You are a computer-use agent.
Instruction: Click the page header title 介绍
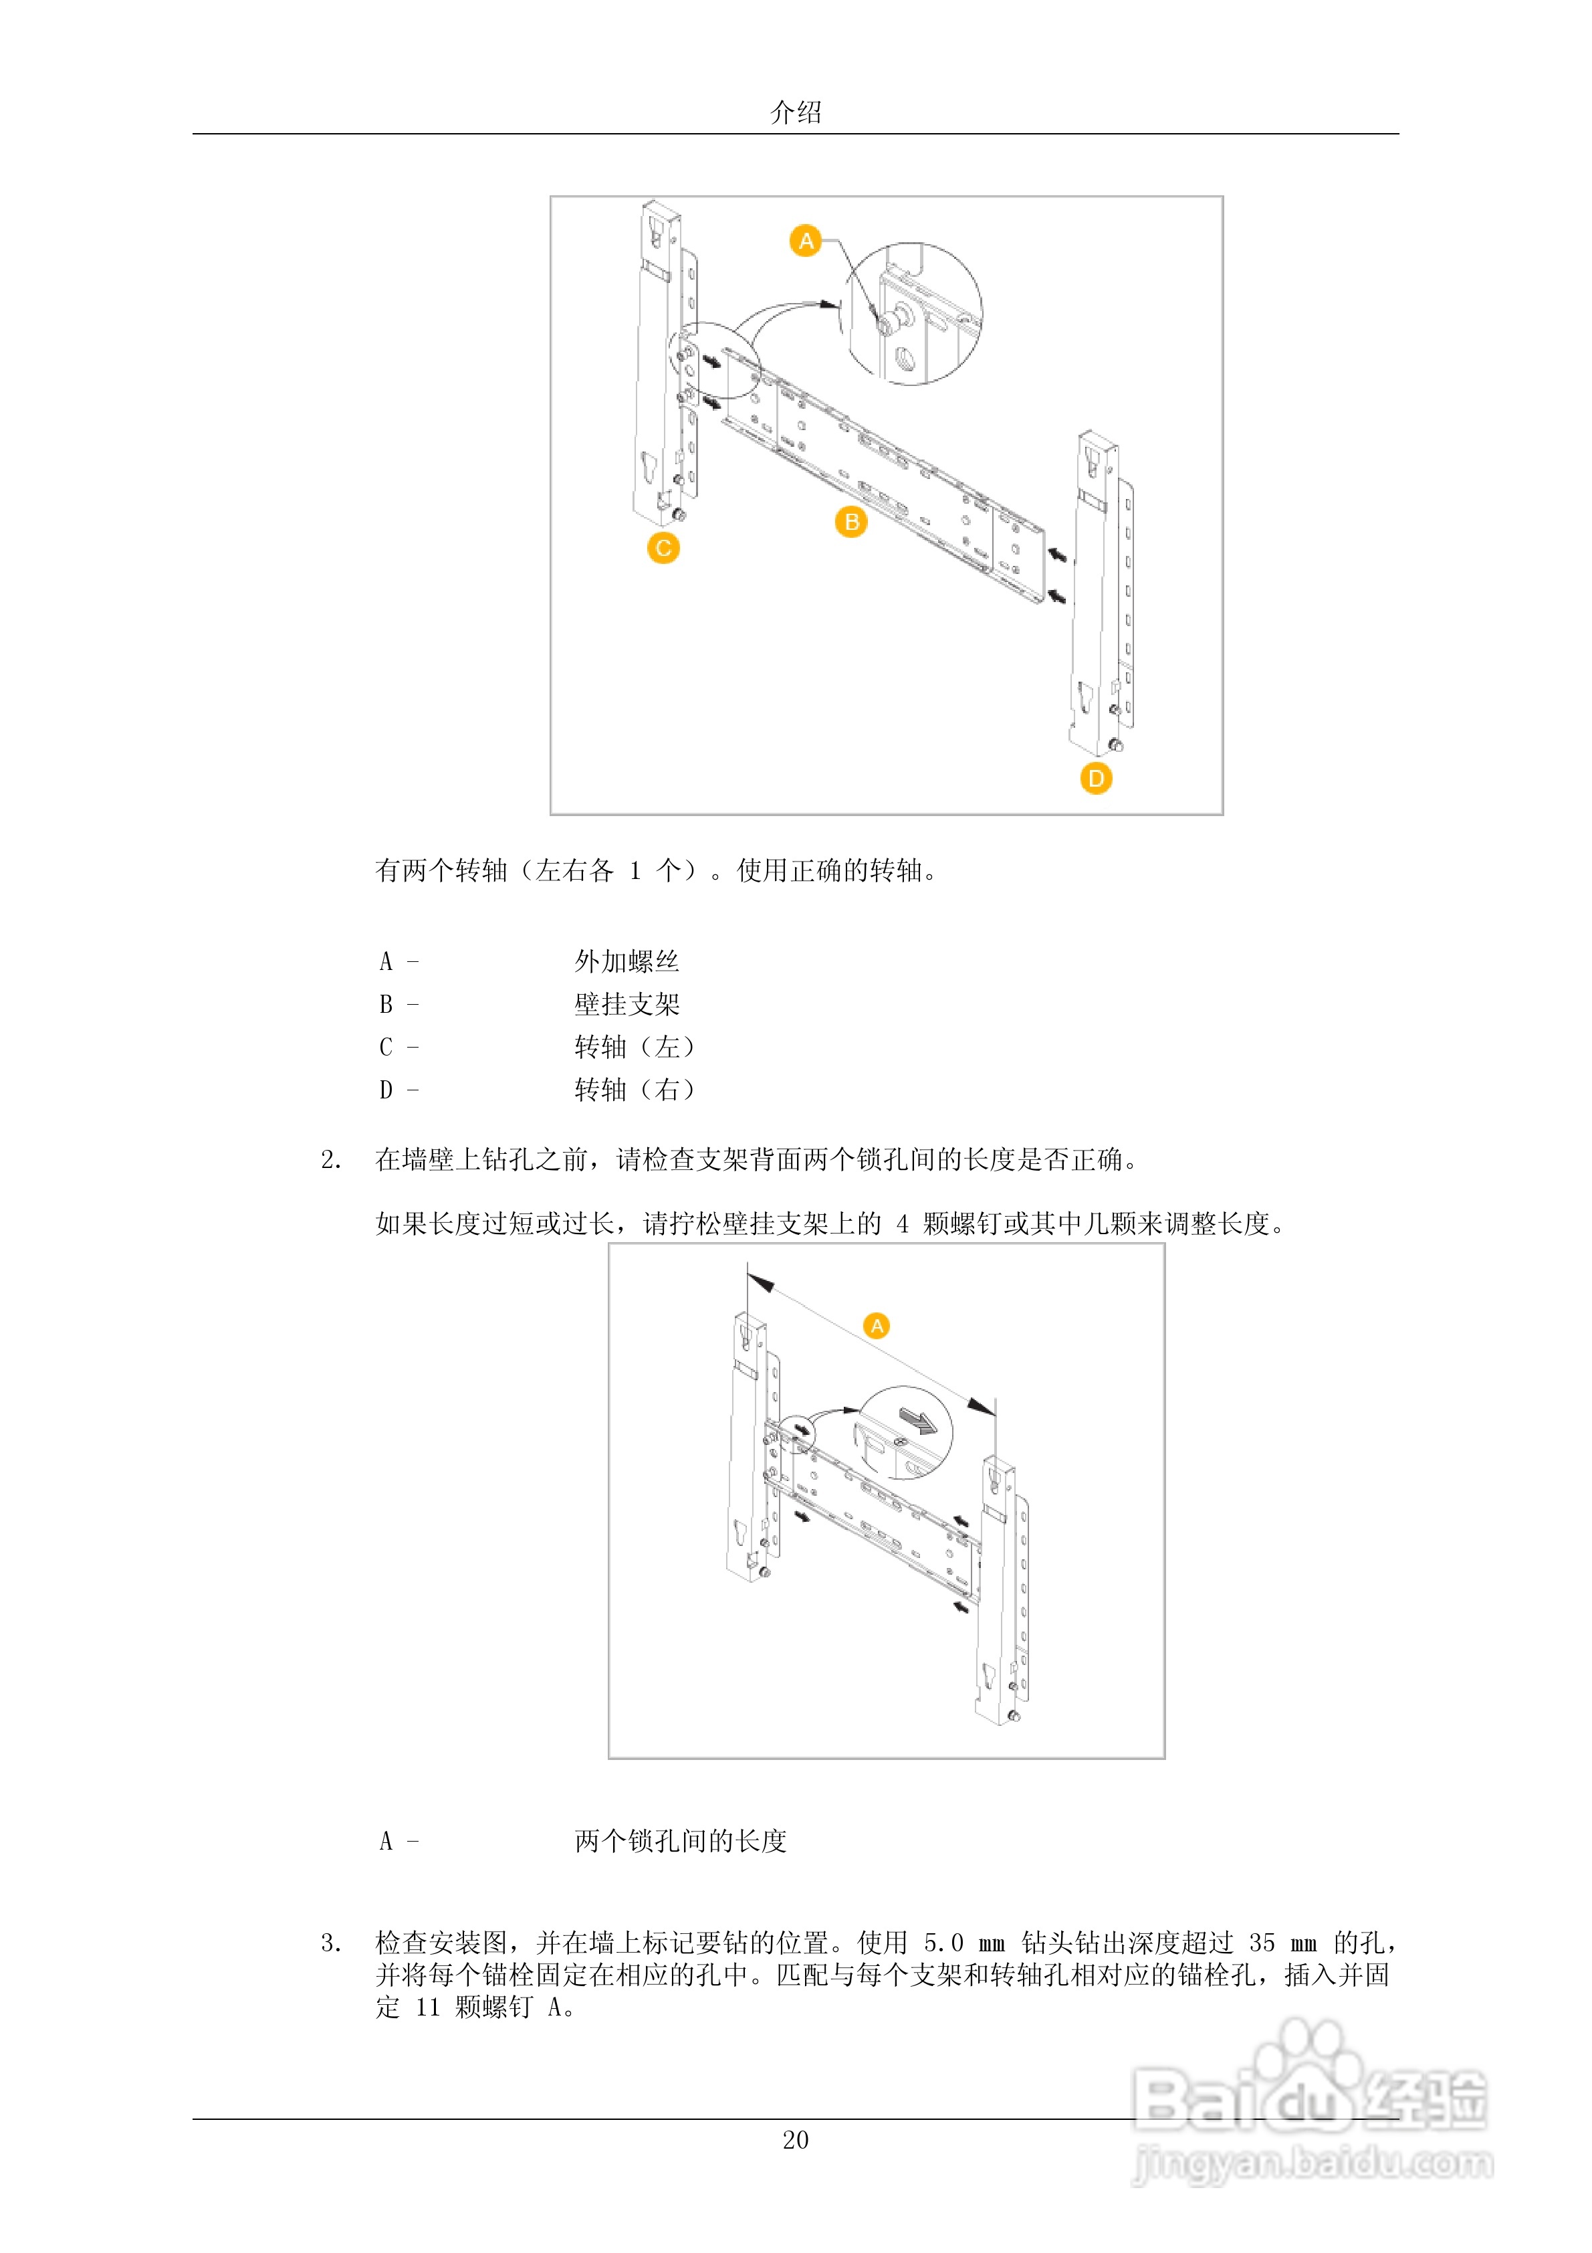(x=796, y=112)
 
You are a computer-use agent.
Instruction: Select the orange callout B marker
(x=850, y=522)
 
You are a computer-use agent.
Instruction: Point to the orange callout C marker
(x=663, y=548)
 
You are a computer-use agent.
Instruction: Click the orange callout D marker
(x=1096, y=778)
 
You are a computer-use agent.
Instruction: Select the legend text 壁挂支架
(x=627, y=1004)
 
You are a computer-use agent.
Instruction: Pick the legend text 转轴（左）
(x=635, y=1047)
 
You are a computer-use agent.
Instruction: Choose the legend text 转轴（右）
(x=635, y=1089)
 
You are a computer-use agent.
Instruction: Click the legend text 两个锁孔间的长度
(x=681, y=1841)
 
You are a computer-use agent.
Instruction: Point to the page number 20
(x=796, y=2140)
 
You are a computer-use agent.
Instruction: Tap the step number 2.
(x=330, y=1160)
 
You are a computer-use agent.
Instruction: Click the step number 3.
(x=330, y=1943)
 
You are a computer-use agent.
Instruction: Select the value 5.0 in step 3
(x=943, y=1943)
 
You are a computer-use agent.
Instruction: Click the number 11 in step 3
(x=428, y=2007)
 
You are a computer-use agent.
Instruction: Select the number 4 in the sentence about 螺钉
(x=901, y=1223)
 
